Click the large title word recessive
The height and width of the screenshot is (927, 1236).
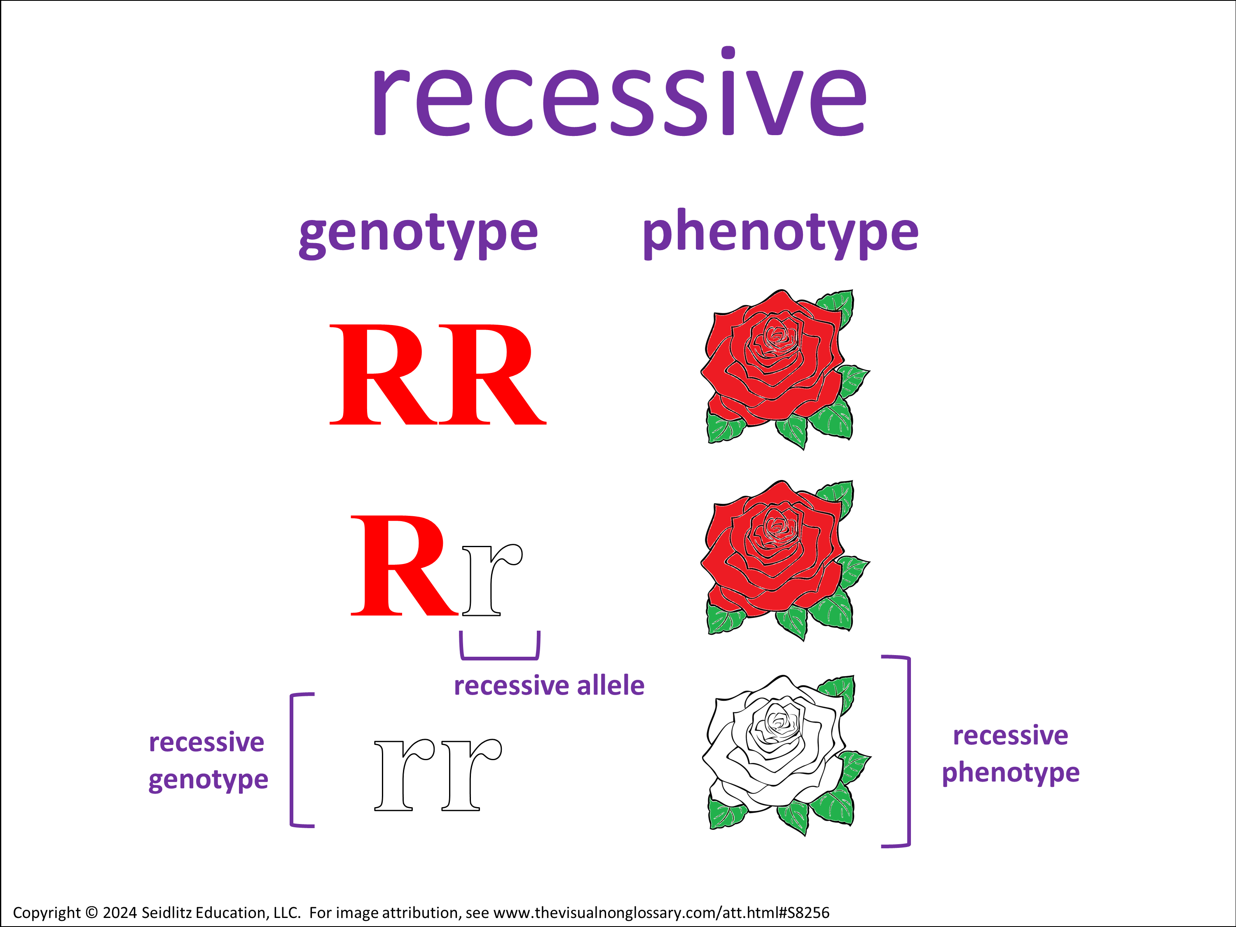(x=619, y=95)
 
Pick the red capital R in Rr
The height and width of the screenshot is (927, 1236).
(x=403, y=566)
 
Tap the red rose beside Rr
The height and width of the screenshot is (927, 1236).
(x=782, y=559)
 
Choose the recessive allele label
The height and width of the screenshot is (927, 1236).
(x=549, y=686)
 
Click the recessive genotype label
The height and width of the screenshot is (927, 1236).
(x=208, y=761)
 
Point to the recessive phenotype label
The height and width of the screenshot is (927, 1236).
(x=1010, y=754)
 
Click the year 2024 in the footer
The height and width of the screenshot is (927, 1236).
(x=119, y=913)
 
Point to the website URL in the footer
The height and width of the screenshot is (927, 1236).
(x=661, y=913)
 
